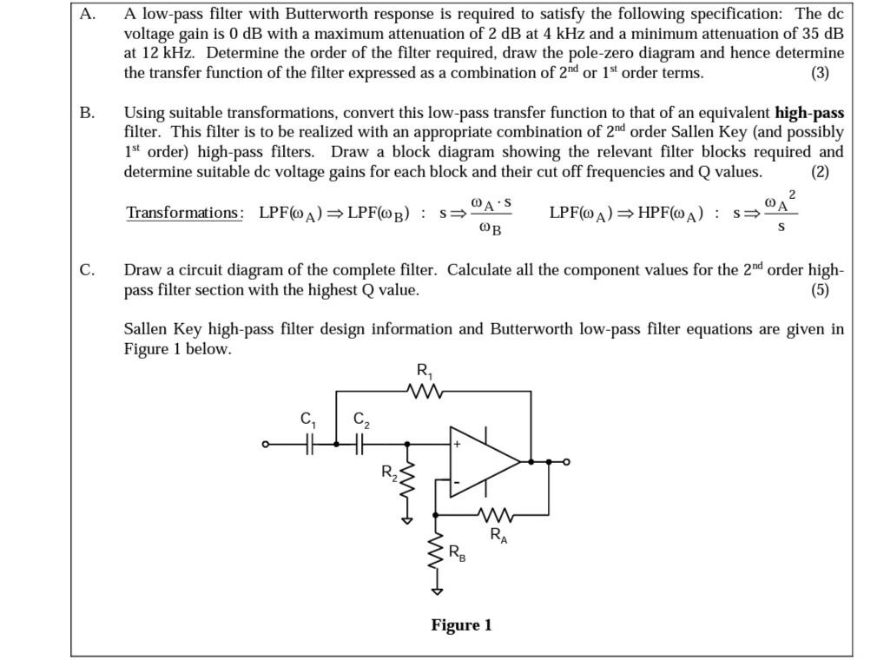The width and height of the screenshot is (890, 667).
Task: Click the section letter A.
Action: click(x=87, y=14)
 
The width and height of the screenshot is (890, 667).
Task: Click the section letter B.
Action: click(x=87, y=113)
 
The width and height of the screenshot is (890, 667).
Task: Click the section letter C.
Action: click(x=87, y=270)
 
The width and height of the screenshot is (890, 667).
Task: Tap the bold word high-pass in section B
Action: click(x=809, y=113)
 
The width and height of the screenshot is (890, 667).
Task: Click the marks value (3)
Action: click(x=820, y=73)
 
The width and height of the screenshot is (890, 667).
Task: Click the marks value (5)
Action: click(x=820, y=290)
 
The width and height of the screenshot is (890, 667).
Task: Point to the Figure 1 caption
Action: click(x=461, y=625)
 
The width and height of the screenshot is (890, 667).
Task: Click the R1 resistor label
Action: click(x=425, y=371)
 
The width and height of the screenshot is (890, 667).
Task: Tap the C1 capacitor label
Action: click(x=308, y=419)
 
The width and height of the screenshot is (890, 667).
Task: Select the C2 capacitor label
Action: click(x=361, y=419)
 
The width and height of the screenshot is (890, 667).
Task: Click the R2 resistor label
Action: click(x=389, y=473)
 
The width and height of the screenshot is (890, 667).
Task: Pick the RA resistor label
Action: click(x=498, y=535)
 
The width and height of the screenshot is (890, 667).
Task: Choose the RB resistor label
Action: click(x=457, y=553)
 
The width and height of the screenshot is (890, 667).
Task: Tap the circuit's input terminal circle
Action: click(x=266, y=445)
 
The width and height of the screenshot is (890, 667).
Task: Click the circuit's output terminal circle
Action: click(x=566, y=462)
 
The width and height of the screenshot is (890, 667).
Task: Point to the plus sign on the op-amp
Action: click(x=457, y=445)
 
